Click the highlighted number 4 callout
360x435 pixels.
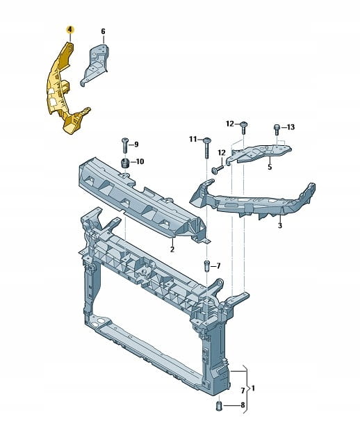69,29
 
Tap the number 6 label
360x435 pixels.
103,32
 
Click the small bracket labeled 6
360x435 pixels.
95,65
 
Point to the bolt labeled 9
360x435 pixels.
124,145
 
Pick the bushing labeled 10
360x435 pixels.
126,163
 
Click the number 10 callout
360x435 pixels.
140,161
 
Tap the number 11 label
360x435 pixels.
193,139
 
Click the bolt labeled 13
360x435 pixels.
277,129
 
